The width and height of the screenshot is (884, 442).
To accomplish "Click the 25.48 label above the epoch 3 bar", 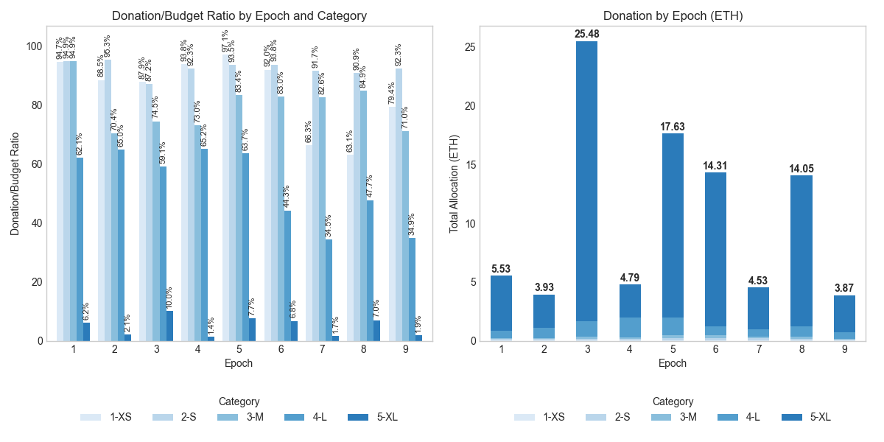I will click(587, 34).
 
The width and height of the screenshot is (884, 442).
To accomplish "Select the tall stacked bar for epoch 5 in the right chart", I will click(673, 236).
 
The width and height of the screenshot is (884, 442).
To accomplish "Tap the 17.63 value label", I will click(673, 126).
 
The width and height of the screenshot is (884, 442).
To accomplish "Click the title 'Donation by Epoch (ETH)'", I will click(672, 15).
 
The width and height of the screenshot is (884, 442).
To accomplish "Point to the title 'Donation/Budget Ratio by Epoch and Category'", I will click(239, 15).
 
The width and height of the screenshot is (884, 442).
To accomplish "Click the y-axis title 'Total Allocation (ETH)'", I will click(455, 183).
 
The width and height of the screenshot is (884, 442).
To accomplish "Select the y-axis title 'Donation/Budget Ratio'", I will click(15, 183).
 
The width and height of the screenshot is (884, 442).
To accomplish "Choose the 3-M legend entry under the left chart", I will click(248, 417).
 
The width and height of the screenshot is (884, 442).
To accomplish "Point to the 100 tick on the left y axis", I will click(35, 46).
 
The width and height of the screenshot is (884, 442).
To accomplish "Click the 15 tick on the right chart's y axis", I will click(469, 164).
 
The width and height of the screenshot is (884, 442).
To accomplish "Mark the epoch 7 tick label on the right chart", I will click(758, 349).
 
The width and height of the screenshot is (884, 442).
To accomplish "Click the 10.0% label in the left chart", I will click(169, 298).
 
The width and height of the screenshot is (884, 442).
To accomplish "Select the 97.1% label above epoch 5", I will click(225, 41).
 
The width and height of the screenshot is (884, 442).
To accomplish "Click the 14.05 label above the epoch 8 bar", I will click(801, 168).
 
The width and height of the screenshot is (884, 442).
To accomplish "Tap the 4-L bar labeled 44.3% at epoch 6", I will click(287, 276).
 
